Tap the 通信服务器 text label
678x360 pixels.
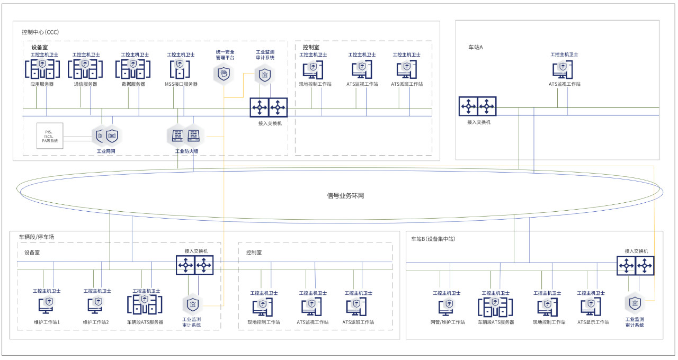tap(85, 84)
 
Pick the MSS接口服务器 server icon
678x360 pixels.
tap(180, 69)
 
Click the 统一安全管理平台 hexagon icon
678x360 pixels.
tap(224, 74)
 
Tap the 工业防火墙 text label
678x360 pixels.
tap(186, 151)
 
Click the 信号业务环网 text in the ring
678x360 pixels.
tap(345, 196)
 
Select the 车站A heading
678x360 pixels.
tap(476, 47)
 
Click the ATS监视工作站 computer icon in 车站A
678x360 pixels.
tap(563, 69)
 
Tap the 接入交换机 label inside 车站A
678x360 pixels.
tap(478, 122)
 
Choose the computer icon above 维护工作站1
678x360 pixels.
tap(47, 305)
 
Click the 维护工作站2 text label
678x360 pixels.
tap(96, 322)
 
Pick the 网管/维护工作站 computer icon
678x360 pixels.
tap(447, 307)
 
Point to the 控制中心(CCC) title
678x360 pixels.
tap(40, 32)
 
